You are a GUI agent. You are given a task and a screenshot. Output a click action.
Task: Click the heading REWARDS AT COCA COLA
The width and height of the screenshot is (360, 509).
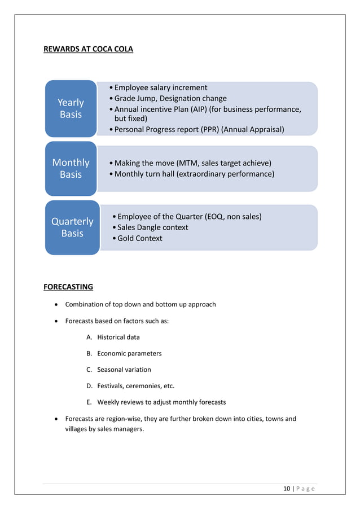[88, 49]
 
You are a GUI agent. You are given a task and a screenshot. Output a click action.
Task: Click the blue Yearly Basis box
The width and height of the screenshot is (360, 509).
[71, 108]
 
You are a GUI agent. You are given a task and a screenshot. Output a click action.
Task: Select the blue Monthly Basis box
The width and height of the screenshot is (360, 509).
[71, 168]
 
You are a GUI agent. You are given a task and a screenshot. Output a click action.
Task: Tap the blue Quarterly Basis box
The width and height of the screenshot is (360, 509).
[72, 227]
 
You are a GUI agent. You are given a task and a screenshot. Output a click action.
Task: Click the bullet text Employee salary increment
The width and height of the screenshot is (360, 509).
[160, 87]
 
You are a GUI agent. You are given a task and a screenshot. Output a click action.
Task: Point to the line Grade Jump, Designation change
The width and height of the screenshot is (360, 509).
[170, 98]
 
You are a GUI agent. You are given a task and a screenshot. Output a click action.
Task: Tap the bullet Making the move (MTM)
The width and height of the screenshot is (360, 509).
[192, 163]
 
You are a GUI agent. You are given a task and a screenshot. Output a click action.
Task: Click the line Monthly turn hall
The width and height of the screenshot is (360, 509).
[194, 174]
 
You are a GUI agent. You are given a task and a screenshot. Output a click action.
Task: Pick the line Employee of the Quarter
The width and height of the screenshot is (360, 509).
[189, 216]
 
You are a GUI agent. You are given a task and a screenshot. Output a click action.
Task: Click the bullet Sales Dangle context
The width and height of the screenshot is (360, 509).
[152, 227]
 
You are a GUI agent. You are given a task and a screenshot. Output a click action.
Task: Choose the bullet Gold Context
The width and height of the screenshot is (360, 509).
[139, 238]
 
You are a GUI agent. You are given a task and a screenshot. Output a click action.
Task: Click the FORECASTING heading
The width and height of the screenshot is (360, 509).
[68, 287]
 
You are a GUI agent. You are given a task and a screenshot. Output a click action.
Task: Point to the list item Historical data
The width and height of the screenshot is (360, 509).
[118, 337]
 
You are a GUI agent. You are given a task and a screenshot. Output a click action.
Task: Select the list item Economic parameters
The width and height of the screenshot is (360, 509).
[129, 354]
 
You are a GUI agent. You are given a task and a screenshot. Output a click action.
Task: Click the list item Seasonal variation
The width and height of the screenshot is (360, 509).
[124, 370]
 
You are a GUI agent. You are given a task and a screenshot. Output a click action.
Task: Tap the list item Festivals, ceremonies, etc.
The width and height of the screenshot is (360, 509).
[135, 386]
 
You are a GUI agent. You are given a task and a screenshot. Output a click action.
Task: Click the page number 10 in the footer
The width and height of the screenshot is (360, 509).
[287, 489]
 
